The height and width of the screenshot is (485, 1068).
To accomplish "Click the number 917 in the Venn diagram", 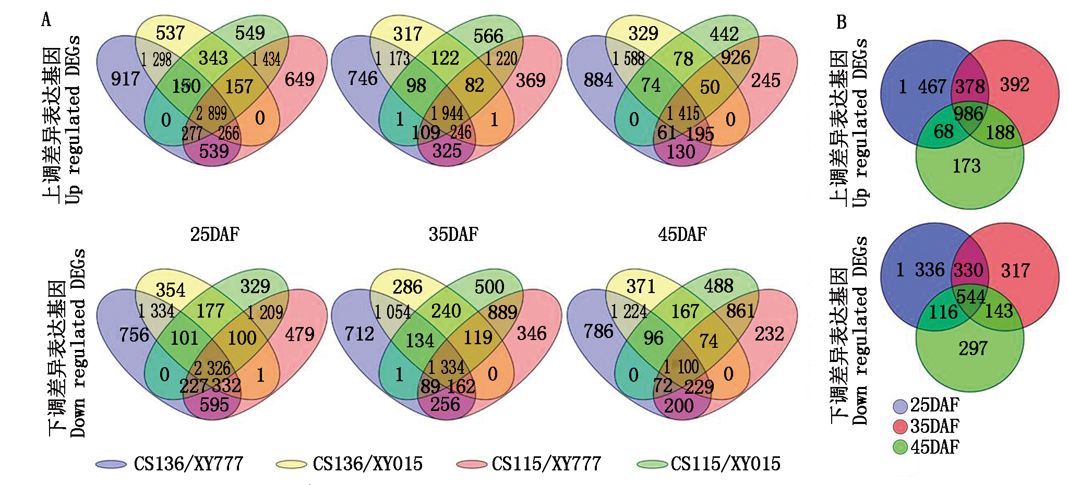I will (125, 79).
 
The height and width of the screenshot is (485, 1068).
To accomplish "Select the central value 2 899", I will (211, 113).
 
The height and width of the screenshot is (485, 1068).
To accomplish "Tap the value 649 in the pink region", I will (299, 80).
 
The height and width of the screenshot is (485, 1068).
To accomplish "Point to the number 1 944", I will (447, 113).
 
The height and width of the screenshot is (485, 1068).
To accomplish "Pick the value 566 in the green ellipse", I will (488, 36).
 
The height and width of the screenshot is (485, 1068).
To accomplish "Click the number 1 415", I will (682, 113).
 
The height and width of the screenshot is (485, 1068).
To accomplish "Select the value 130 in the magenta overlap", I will (681, 152).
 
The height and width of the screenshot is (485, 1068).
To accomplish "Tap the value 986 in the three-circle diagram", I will (968, 114).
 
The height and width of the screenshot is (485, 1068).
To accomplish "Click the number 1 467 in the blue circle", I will (922, 87).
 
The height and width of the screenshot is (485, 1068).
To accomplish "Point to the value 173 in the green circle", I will (967, 166).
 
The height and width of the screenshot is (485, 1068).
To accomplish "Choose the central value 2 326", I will (212, 368).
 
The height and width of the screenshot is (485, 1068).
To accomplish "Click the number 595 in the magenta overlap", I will (214, 405).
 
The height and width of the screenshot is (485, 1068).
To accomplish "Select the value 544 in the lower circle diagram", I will (970, 297).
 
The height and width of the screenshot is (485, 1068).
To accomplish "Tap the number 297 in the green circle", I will (973, 348).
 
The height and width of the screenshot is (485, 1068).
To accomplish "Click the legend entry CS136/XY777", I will (188, 464).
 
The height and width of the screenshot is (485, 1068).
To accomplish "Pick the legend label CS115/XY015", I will (725, 464).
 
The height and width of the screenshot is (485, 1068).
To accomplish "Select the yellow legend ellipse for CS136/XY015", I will (291, 464).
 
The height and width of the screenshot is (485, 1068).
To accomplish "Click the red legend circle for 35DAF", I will (900, 427).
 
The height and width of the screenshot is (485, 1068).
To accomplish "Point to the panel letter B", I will (841, 22).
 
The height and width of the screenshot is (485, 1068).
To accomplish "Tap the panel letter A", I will (46, 20).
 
